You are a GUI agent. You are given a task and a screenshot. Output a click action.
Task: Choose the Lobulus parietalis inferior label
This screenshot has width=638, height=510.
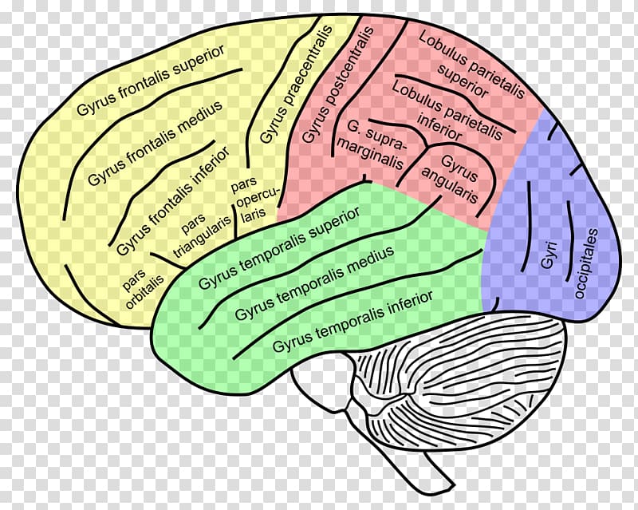[447, 109]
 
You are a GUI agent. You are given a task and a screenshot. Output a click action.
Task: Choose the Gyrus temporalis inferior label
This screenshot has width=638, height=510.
[352, 321]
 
